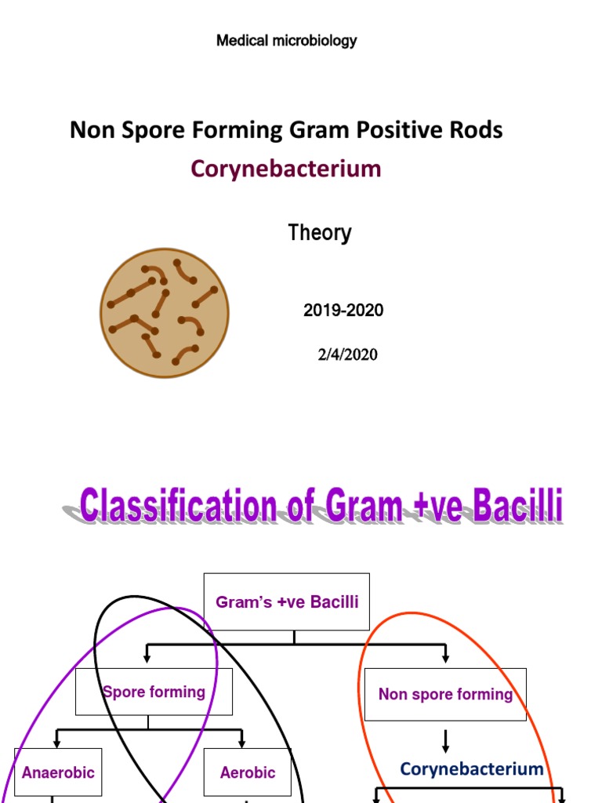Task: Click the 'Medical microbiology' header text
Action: (286, 41)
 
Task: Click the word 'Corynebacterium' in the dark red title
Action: (285, 169)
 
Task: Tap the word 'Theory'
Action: (320, 233)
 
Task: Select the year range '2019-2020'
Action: (343, 311)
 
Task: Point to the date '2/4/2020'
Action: (347, 354)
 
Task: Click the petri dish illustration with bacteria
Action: (165, 313)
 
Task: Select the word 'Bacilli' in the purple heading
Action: (517, 507)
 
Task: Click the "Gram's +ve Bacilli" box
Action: (287, 602)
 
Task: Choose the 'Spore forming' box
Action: (154, 692)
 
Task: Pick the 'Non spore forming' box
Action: (445, 694)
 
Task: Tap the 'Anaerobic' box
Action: (58, 772)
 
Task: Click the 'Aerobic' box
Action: (248, 772)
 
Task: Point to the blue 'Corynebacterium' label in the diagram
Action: (472, 768)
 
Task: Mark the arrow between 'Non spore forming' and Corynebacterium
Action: (445, 739)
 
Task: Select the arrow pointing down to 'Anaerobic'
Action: (57, 738)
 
